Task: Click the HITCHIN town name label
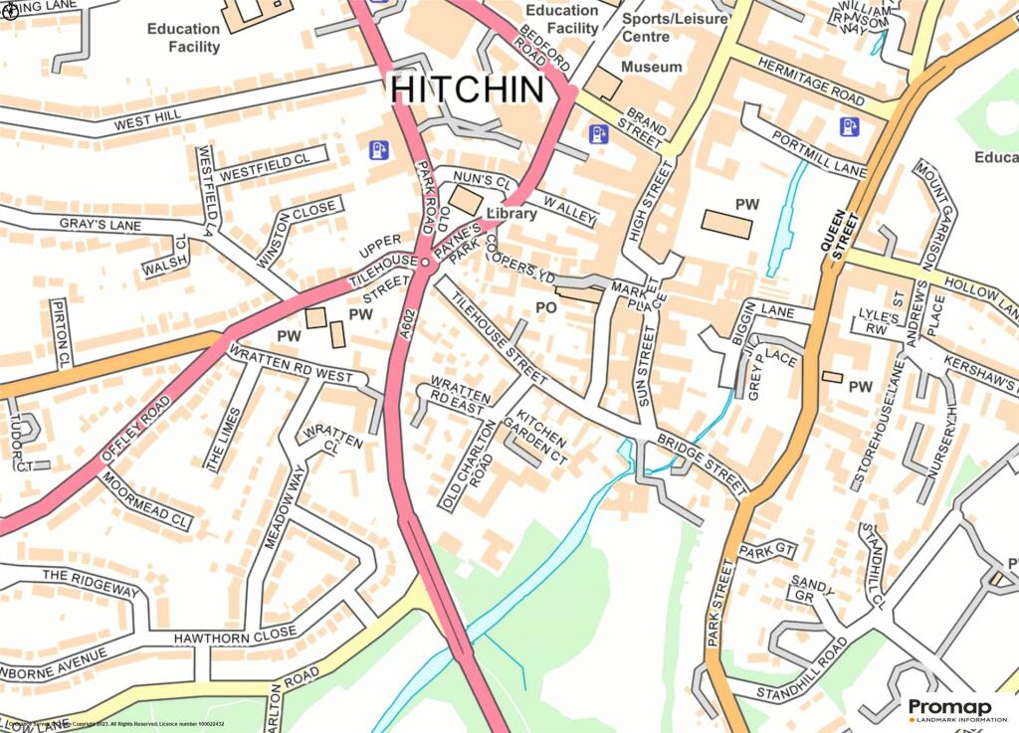pyautogui.click(x=468, y=89)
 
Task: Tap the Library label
pyautogui.click(x=512, y=214)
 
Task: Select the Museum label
pyautogui.click(x=652, y=67)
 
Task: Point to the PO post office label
pyautogui.click(x=545, y=309)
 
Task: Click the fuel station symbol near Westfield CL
pyautogui.click(x=378, y=150)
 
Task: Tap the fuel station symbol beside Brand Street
pyautogui.click(x=598, y=134)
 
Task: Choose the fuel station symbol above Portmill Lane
pyautogui.click(x=849, y=126)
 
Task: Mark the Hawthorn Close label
pyautogui.click(x=235, y=635)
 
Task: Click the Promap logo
pyautogui.click(x=949, y=709)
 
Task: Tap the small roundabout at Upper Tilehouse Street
pyautogui.click(x=425, y=263)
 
